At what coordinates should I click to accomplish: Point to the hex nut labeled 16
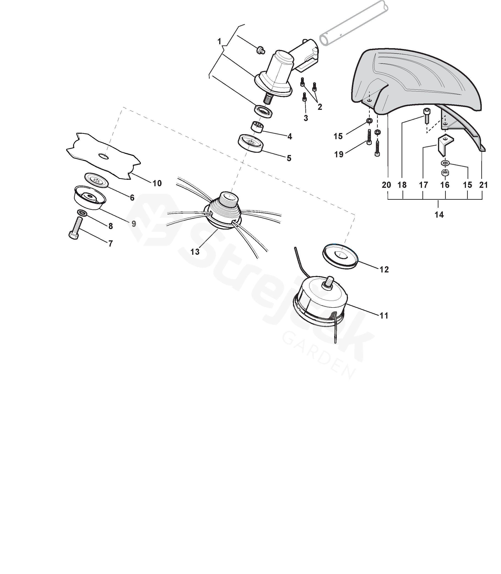pyautogui.click(x=445, y=173)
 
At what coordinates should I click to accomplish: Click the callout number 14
pyautogui.click(x=439, y=215)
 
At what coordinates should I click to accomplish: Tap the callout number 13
pyautogui.click(x=195, y=252)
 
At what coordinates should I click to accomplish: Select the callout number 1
pyautogui.click(x=219, y=42)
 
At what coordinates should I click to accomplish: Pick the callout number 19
pyautogui.click(x=339, y=154)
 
